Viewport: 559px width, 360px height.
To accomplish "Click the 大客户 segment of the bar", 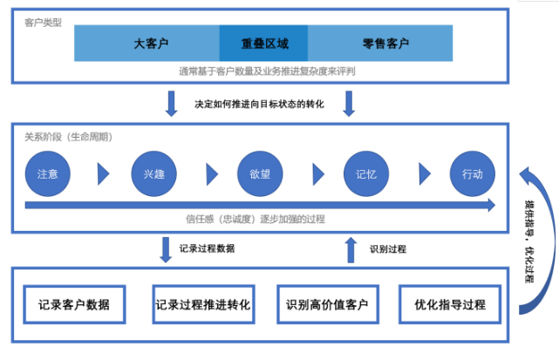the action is click(x=147, y=43).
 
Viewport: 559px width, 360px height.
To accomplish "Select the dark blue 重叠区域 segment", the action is click(x=264, y=43).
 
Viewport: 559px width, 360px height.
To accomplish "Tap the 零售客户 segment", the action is click(x=380, y=43).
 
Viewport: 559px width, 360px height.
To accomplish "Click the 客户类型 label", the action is click(x=43, y=23).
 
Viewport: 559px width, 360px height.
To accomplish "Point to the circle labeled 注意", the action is click(x=47, y=173).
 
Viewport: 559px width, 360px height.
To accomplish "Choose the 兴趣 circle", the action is click(x=153, y=173).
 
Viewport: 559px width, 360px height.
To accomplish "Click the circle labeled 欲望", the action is click(x=260, y=173).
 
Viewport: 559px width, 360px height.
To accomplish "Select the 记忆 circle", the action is click(x=366, y=173).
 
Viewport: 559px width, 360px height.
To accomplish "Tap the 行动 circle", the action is click(x=473, y=173).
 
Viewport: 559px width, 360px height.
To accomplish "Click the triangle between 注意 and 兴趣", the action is click(x=103, y=174).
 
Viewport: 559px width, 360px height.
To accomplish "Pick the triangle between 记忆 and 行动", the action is click(x=424, y=174).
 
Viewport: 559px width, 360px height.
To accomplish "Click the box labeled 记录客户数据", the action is click(x=74, y=304).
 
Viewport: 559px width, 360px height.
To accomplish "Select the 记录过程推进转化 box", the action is click(x=203, y=304).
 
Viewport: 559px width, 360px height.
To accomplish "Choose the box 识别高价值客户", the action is click(x=328, y=304).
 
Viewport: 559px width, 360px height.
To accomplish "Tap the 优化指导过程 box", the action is click(x=450, y=304).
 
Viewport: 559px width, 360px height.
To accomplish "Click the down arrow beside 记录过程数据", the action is click(x=166, y=250).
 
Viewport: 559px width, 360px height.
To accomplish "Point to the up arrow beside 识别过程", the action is click(x=351, y=250).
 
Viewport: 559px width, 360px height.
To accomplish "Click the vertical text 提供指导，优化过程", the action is click(x=529, y=241).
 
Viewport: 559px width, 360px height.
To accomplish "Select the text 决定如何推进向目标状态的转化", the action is click(x=259, y=104).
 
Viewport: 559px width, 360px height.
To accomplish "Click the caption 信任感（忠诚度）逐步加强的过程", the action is click(x=256, y=219).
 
